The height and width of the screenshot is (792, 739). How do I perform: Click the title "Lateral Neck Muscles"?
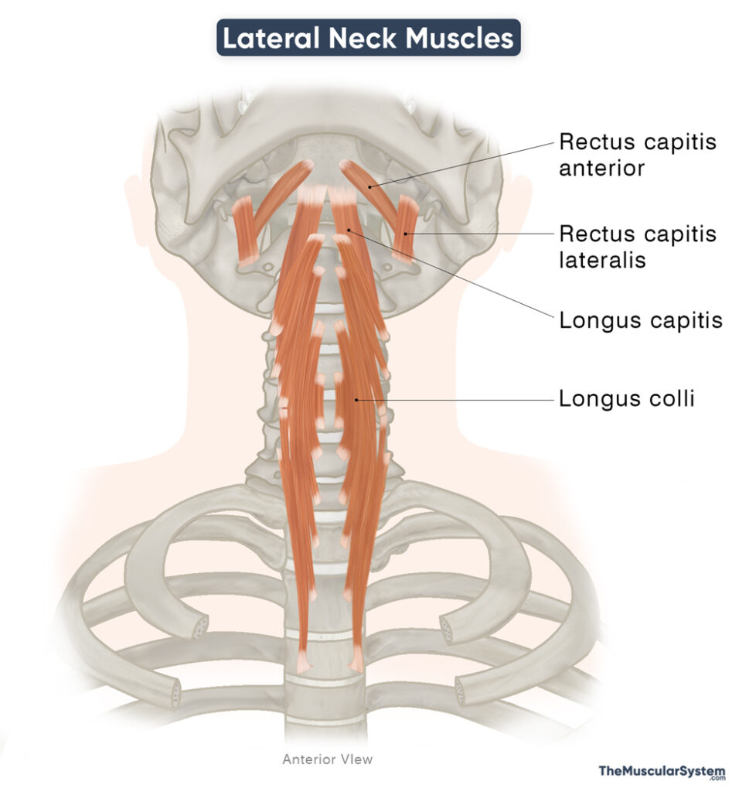pyautogui.click(x=369, y=38)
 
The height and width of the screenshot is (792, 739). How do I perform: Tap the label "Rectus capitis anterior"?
pyautogui.click(x=638, y=155)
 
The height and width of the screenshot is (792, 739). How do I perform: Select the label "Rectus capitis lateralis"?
pyautogui.click(x=638, y=246)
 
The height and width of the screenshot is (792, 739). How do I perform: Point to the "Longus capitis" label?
pyautogui.click(x=641, y=319)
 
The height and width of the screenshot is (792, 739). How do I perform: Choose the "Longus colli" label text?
pyautogui.click(x=627, y=399)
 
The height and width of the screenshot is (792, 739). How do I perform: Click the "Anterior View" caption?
pyautogui.click(x=327, y=759)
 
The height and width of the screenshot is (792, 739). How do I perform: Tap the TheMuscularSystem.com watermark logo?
pyautogui.click(x=662, y=772)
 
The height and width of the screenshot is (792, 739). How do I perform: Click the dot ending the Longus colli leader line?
pyautogui.click(x=356, y=399)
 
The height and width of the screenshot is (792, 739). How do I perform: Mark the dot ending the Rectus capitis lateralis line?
pyautogui.click(x=405, y=233)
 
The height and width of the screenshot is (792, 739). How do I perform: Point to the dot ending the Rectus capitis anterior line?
pyautogui.click(x=371, y=186)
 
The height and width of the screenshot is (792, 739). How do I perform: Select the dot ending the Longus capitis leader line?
pyautogui.click(x=349, y=230)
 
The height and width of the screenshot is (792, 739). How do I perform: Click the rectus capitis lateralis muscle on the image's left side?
pyautogui.click(x=246, y=230)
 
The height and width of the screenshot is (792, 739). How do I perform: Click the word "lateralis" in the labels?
pyautogui.click(x=603, y=259)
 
